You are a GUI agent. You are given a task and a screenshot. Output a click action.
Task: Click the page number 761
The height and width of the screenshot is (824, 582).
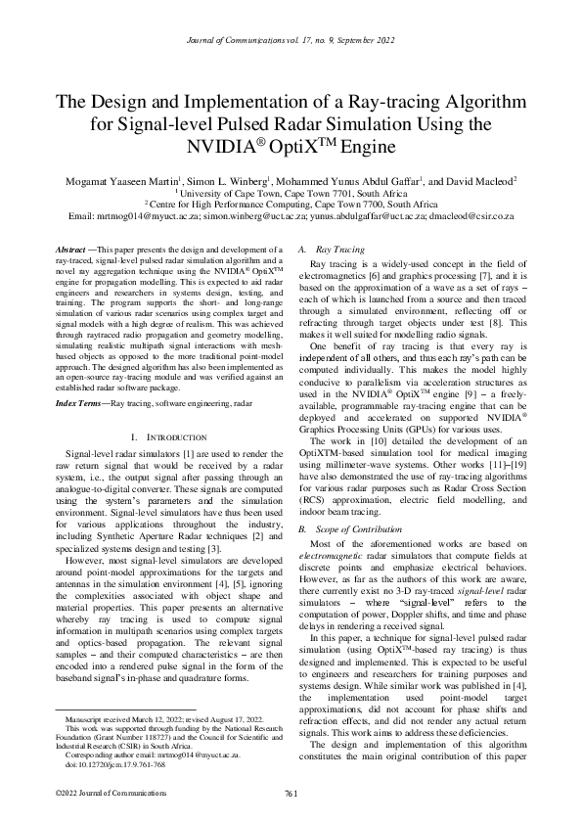click(x=291, y=792)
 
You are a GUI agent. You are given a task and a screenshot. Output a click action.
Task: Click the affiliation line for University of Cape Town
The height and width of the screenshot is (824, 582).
click(x=291, y=194)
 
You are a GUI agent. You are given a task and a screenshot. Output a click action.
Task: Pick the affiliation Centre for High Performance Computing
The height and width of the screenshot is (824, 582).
click(x=291, y=205)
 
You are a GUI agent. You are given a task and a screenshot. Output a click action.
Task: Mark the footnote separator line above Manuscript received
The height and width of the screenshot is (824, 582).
click(x=125, y=708)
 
